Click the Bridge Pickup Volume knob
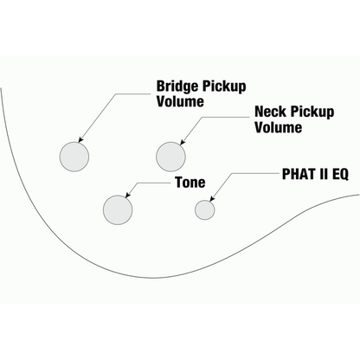(x=74, y=157)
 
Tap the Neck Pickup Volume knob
(x=170, y=157)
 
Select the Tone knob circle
(x=118, y=209)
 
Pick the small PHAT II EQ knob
(x=204, y=209)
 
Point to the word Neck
(x=271, y=112)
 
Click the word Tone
(x=190, y=183)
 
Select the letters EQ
(x=340, y=174)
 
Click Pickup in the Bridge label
(x=224, y=87)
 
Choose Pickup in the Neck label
(x=312, y=112)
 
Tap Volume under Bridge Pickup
(x=180, y=101)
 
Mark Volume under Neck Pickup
(x=279, y=127)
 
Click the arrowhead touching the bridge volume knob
(x=80, y=139)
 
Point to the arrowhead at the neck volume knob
(x=183, y=142)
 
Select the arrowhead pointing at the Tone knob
(x=128, y=196)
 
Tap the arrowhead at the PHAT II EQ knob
(x=212, y=198)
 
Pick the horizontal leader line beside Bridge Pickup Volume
(x=133, y=93)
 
